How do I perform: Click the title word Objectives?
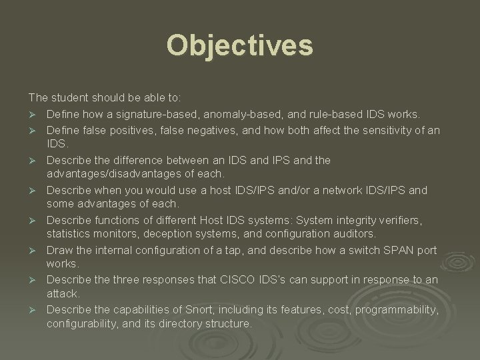click(239, 46)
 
